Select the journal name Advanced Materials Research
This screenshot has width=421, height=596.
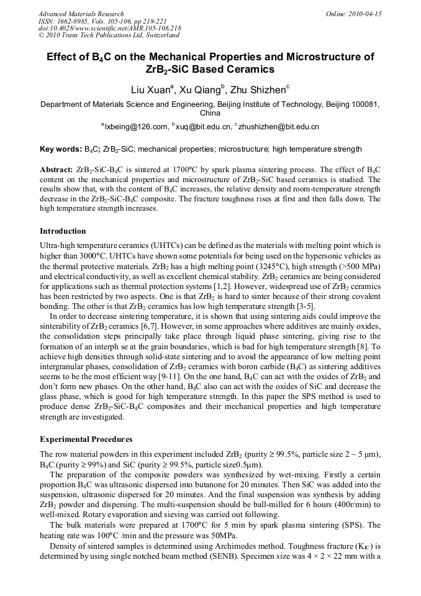pos(81,14)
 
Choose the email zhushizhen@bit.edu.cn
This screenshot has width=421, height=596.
pos(278,127)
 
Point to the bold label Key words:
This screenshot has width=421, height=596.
pos(60,149)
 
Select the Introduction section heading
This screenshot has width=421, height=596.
pos(63,231)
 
